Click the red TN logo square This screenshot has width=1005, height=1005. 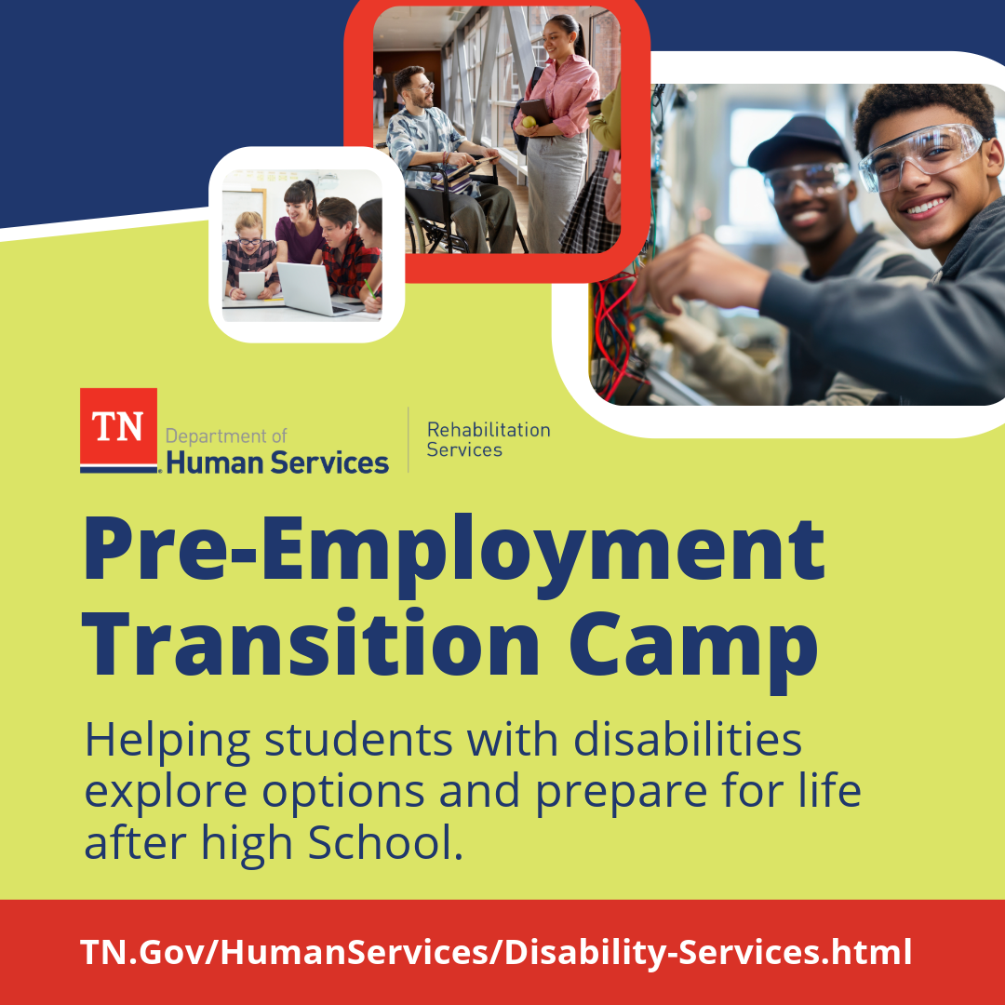point(118,426)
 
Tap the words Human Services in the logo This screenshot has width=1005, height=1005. point(277,462)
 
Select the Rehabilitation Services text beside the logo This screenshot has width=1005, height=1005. point(488,440)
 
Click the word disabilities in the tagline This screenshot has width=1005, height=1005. point(687,741)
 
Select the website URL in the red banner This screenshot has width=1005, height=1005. point(495,952)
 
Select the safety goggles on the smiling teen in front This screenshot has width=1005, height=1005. point(919,155)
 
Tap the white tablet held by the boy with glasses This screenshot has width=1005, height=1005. point(251,283)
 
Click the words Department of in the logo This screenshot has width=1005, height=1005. point(226,435)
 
